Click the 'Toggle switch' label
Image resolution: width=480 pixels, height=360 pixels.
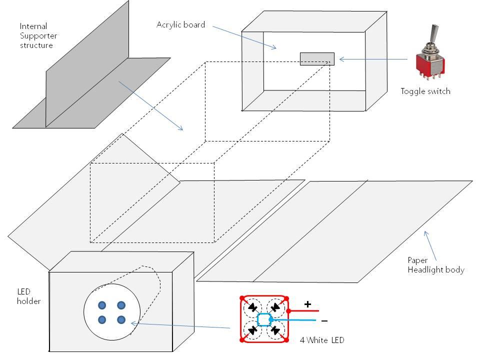[x=425, y=91]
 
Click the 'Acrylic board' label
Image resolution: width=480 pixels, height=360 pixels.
[x=180, y=24]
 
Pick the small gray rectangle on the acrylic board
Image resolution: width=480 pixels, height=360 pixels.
[x=317, y=59]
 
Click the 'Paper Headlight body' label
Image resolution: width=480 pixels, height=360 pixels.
[x=435, y=265]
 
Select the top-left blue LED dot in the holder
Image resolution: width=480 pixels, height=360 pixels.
[x=102, y=305]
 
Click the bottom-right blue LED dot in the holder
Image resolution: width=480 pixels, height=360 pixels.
[x=121, y=319]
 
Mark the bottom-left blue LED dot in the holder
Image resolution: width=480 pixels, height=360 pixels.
[x=102, y=319]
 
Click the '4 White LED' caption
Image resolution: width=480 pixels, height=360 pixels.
[x=321, y=340]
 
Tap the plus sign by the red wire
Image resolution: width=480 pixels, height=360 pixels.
[x=307, y=304]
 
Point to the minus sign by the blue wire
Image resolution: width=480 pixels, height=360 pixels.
[x=324, y=320]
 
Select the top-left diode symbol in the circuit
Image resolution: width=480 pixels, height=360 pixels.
[x=254, y=307]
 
